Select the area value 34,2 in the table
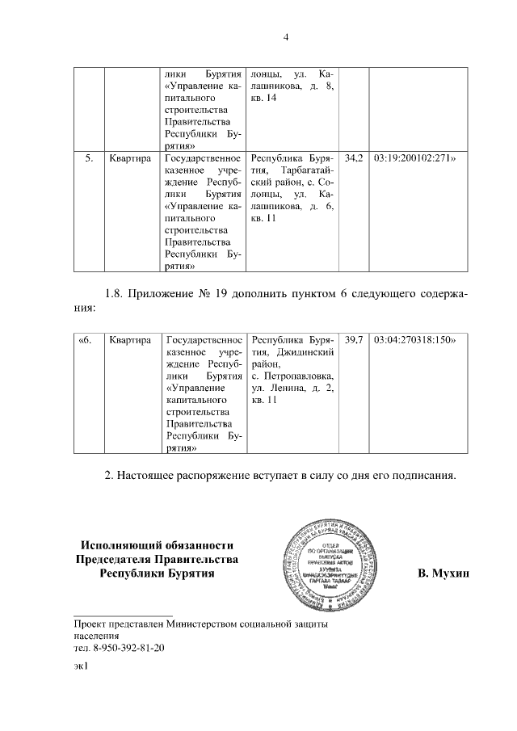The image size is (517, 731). [354, 159]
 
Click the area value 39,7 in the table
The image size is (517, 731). [354, 341]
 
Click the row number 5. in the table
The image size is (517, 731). [90, 159]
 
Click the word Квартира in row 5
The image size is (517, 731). [130, 159]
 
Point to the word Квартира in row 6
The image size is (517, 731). [130, 341]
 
